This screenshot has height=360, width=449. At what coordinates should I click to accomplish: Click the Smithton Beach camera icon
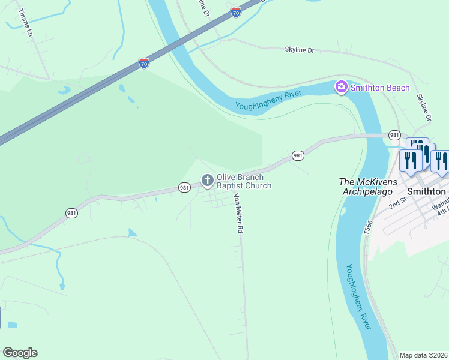tap(341, 88)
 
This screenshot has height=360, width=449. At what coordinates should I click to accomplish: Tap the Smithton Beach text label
tap(380, 88)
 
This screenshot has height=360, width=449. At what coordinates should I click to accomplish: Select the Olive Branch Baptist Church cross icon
tap(207, 179)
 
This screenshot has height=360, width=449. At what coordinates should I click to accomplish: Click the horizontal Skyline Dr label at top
tap(299, 50)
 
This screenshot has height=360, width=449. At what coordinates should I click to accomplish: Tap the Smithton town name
tap(426, 191)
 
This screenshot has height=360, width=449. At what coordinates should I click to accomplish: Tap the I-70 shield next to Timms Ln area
tap(144, 63)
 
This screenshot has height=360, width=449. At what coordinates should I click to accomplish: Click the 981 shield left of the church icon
tap(185, 188)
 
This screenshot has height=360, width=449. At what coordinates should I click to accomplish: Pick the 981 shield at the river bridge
tap(394, 135)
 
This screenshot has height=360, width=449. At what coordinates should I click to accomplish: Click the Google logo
tap(20, 353)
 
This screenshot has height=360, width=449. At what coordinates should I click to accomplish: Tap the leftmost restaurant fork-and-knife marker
tap(408, 161)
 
